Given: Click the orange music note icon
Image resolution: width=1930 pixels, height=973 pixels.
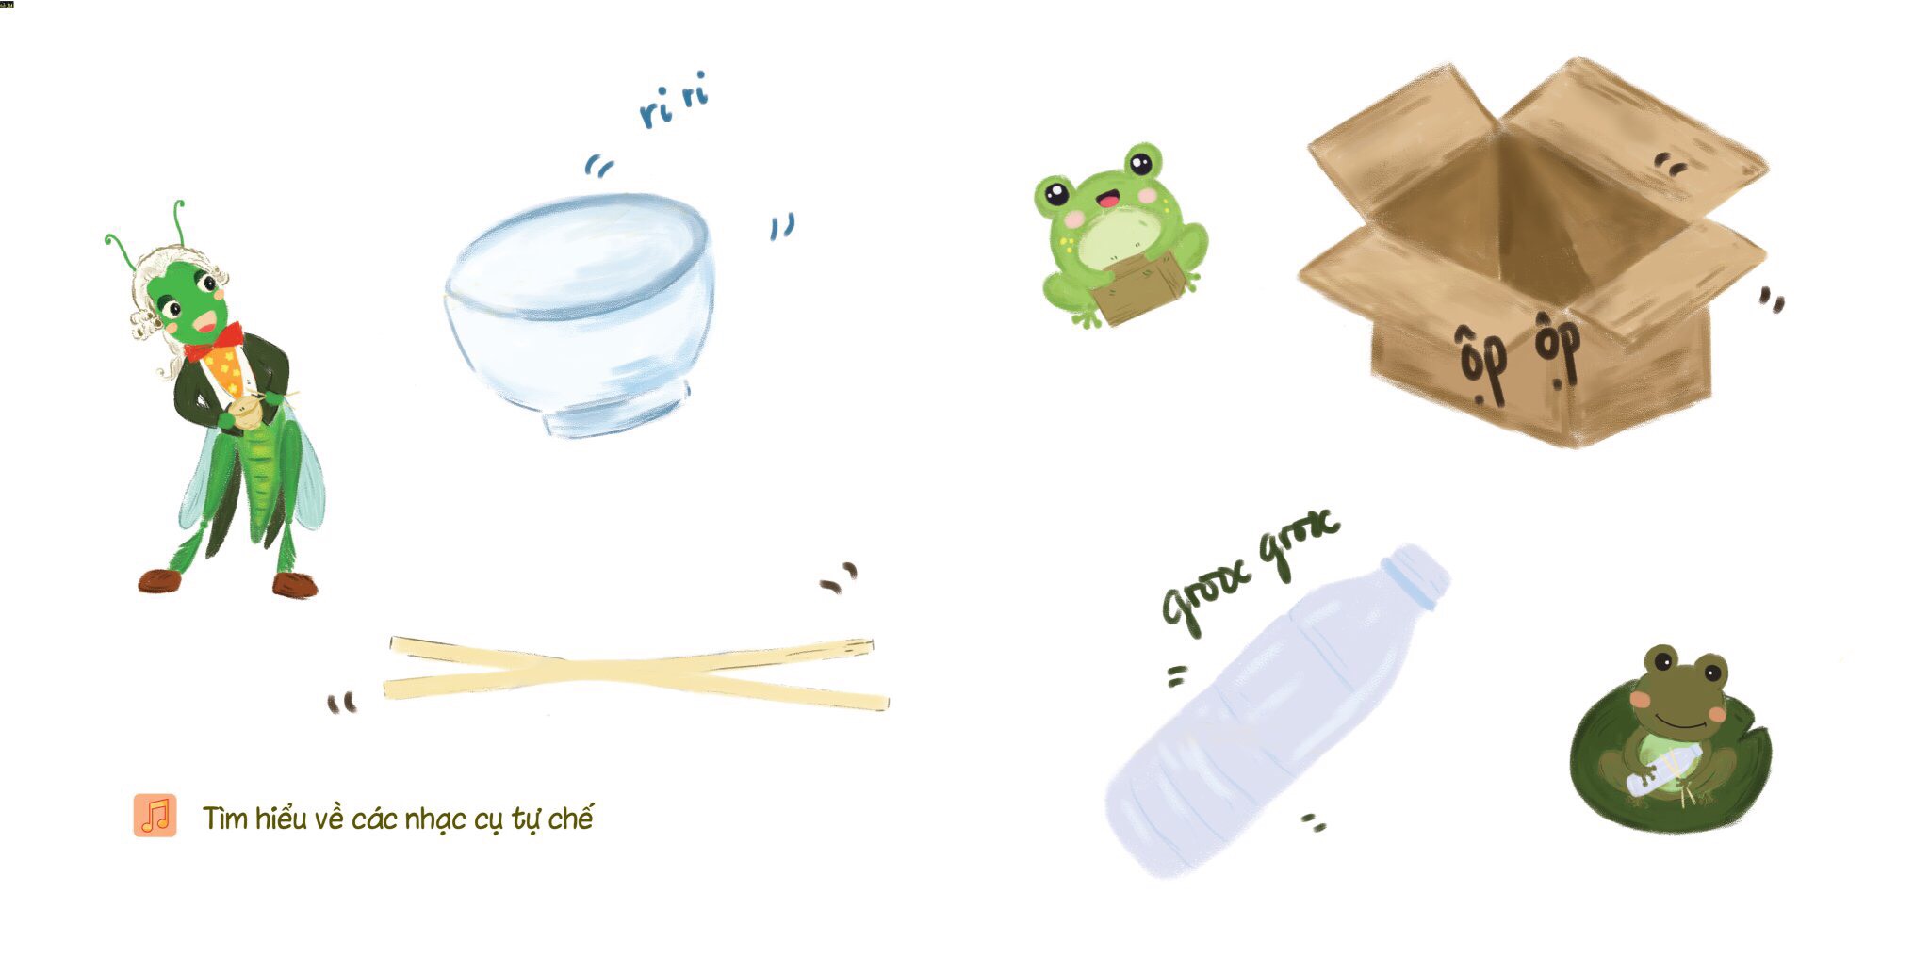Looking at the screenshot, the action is (155, 816).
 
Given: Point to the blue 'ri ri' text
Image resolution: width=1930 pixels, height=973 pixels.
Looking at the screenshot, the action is (673, 100).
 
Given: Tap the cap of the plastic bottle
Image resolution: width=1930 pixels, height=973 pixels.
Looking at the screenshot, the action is (1417, 572).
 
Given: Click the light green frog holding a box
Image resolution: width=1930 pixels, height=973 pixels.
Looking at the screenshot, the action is (1120, 235).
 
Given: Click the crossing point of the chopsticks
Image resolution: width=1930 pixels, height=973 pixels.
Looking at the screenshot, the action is (603, 671).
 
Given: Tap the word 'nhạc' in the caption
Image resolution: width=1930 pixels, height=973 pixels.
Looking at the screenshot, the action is (435, 819).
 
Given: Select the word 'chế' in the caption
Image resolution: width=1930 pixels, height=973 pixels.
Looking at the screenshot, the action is (571, 817).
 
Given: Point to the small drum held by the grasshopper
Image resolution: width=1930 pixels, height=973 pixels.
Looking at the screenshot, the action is (248, 414).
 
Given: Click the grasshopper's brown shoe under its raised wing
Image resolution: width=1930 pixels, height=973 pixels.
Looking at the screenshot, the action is (296, 585).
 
